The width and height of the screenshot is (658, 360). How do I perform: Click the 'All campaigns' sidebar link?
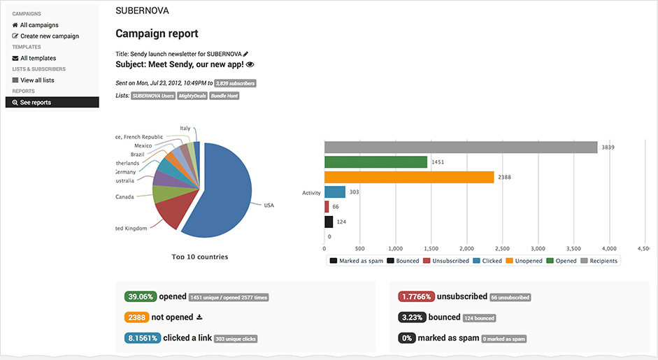38,25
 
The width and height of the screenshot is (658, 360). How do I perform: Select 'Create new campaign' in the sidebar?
49,36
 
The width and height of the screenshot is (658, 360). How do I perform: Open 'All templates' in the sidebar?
38,59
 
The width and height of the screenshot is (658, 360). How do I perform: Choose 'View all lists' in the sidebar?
37,80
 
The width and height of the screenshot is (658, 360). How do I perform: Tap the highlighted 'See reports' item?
35,103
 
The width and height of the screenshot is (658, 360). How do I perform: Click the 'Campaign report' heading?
157,34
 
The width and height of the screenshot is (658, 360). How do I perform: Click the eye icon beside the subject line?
250,64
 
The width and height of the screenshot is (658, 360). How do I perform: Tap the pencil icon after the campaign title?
245,54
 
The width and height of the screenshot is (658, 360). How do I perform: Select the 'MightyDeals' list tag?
192,96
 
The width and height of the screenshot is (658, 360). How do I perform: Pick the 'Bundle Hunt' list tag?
224,96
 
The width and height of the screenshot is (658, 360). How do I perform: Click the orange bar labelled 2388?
409,177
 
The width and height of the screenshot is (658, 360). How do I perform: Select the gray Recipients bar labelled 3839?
461,147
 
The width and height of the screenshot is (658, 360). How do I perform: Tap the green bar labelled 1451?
376,161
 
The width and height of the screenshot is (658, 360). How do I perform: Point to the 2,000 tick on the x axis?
467,248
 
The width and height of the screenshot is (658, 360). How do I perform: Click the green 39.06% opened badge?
140,296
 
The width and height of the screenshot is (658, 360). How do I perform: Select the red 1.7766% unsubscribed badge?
416,296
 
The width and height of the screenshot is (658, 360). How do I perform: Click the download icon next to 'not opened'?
199,317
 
